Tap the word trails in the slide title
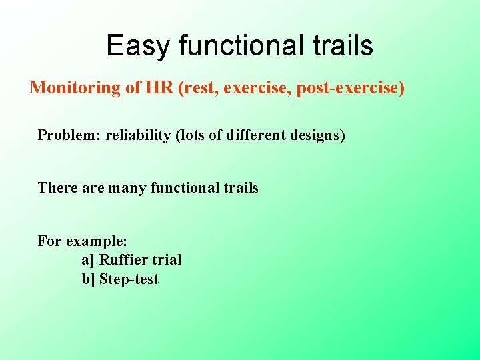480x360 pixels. point(344,46)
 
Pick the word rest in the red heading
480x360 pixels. point(198,89)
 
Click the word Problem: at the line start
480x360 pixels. point(67,135)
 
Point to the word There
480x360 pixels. point(57,188)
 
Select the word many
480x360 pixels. point(128,188)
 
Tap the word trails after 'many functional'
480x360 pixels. point(240,188)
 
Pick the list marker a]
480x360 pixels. point(88,260)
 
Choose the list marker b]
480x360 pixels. point(89,279)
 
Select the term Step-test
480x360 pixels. point(129,279)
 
